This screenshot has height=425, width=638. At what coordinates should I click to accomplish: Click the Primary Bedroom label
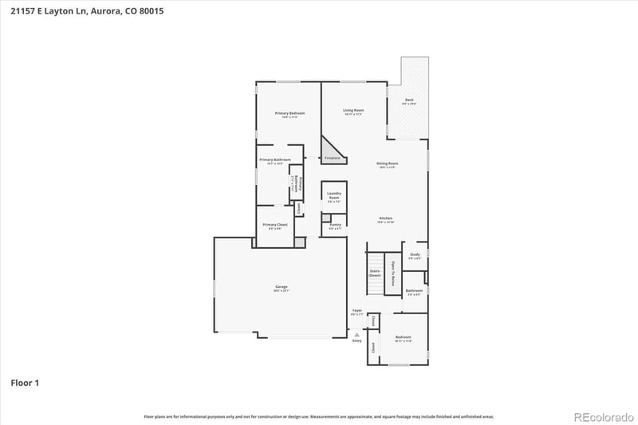[290, 113]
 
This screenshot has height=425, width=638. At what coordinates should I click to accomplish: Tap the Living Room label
[353, 110]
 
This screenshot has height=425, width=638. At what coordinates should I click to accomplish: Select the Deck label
[408, 100]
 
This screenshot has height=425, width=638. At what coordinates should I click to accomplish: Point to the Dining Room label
[388, 163]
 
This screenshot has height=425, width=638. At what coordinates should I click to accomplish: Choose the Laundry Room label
[334, 195]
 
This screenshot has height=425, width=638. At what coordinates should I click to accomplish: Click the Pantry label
[335, 225]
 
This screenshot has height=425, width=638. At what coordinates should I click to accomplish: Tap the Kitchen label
[385, 218]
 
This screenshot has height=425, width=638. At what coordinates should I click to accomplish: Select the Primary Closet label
[274, 225]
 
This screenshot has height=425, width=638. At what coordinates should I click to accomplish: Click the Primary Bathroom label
[274, 159]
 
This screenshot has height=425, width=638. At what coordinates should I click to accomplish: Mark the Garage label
[282, 286]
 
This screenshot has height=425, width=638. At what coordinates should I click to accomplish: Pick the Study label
[415, 254]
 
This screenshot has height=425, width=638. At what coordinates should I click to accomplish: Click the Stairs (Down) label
[375, 273]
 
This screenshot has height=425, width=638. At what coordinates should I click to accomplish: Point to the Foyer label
[356, 310]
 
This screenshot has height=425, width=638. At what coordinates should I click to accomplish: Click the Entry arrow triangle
[357, 334]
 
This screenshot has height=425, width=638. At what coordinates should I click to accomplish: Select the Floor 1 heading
[24, 384]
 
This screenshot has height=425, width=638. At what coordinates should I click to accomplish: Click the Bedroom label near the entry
[403, 336]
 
